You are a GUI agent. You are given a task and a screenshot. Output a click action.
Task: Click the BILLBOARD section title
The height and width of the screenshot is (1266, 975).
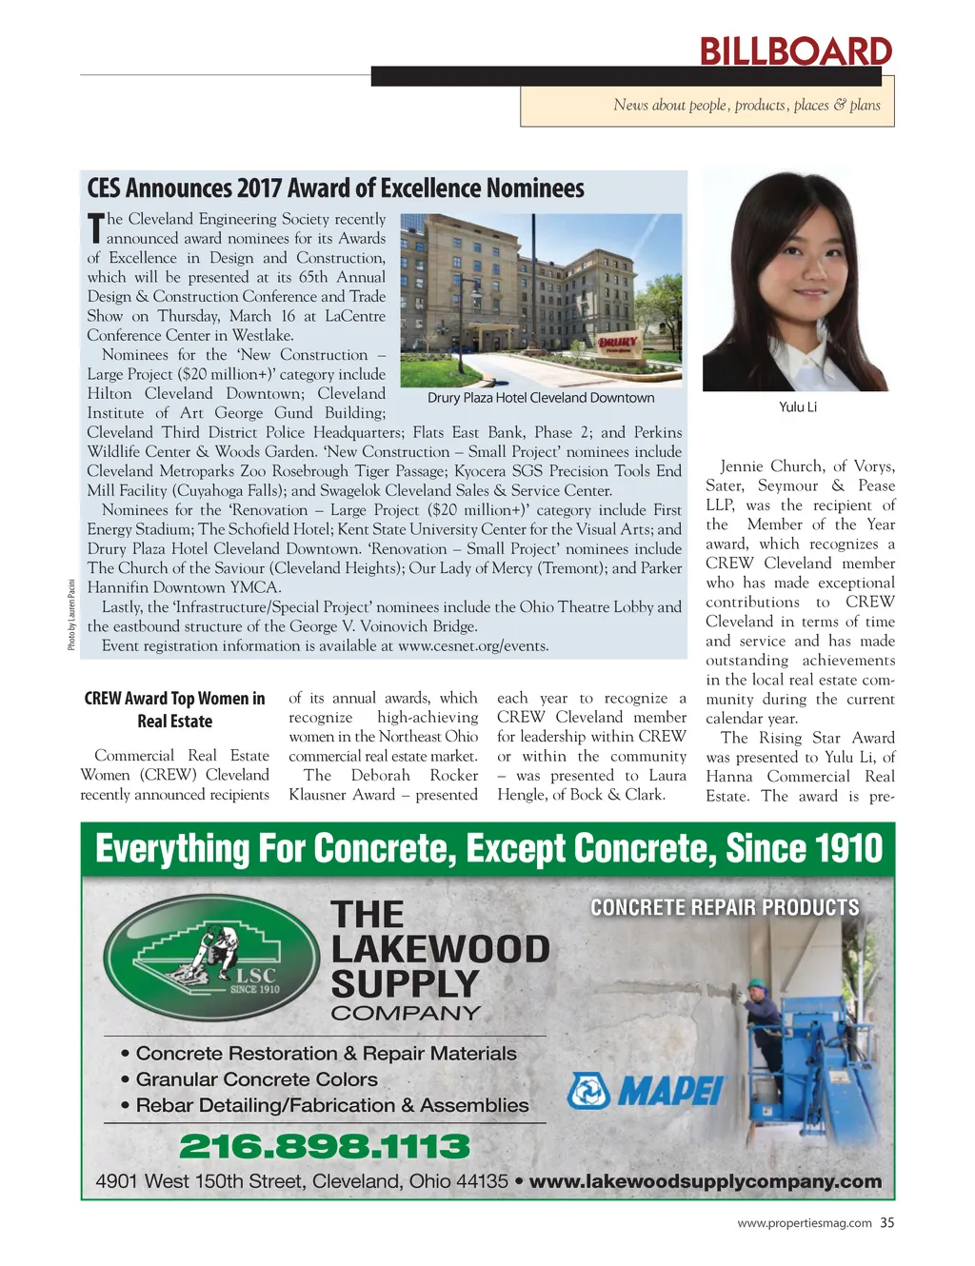coord(795,50)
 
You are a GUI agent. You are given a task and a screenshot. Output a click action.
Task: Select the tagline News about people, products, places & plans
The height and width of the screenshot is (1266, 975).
coord(746,106)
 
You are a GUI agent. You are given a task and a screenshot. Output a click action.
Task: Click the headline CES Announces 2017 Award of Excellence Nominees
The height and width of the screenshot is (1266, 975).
coord(335,188)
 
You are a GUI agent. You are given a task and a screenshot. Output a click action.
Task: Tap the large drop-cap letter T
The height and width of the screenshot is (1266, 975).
coord(95,228)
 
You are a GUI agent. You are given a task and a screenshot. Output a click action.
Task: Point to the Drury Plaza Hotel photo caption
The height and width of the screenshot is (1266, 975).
coord(540,398)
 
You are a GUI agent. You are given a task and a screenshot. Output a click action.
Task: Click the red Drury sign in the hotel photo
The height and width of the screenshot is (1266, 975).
coord(617,344)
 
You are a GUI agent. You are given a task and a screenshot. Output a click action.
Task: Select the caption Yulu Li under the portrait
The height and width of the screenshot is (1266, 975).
coord(797,406)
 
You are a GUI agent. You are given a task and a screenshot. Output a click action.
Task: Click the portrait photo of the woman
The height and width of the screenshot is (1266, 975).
coord(796,281)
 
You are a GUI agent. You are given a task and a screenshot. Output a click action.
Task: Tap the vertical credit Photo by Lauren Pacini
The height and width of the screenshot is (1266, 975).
coord(71,615)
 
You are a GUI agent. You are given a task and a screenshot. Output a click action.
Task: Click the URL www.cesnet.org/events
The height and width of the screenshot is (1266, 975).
coord(472,645)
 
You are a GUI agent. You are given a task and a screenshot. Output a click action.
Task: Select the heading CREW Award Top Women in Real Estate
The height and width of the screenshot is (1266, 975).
coord(175,709)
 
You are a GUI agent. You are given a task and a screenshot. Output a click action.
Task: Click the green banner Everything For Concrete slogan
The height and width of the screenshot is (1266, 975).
coord(488,848)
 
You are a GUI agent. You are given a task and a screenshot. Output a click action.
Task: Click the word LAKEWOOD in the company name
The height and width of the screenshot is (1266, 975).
coord(440,949)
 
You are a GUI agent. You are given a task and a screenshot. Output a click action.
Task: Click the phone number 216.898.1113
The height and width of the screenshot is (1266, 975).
coord(324,1146)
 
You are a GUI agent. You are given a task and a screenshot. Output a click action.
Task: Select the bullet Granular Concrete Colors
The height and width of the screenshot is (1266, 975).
coord(255,1079)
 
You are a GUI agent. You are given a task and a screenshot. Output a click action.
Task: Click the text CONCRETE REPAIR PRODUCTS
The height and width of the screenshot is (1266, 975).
coord(725,907)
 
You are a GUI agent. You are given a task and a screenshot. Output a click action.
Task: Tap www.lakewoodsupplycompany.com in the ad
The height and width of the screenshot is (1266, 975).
coord(705,1181)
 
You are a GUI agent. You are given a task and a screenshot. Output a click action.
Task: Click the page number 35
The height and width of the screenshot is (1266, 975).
coord(886,1223)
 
